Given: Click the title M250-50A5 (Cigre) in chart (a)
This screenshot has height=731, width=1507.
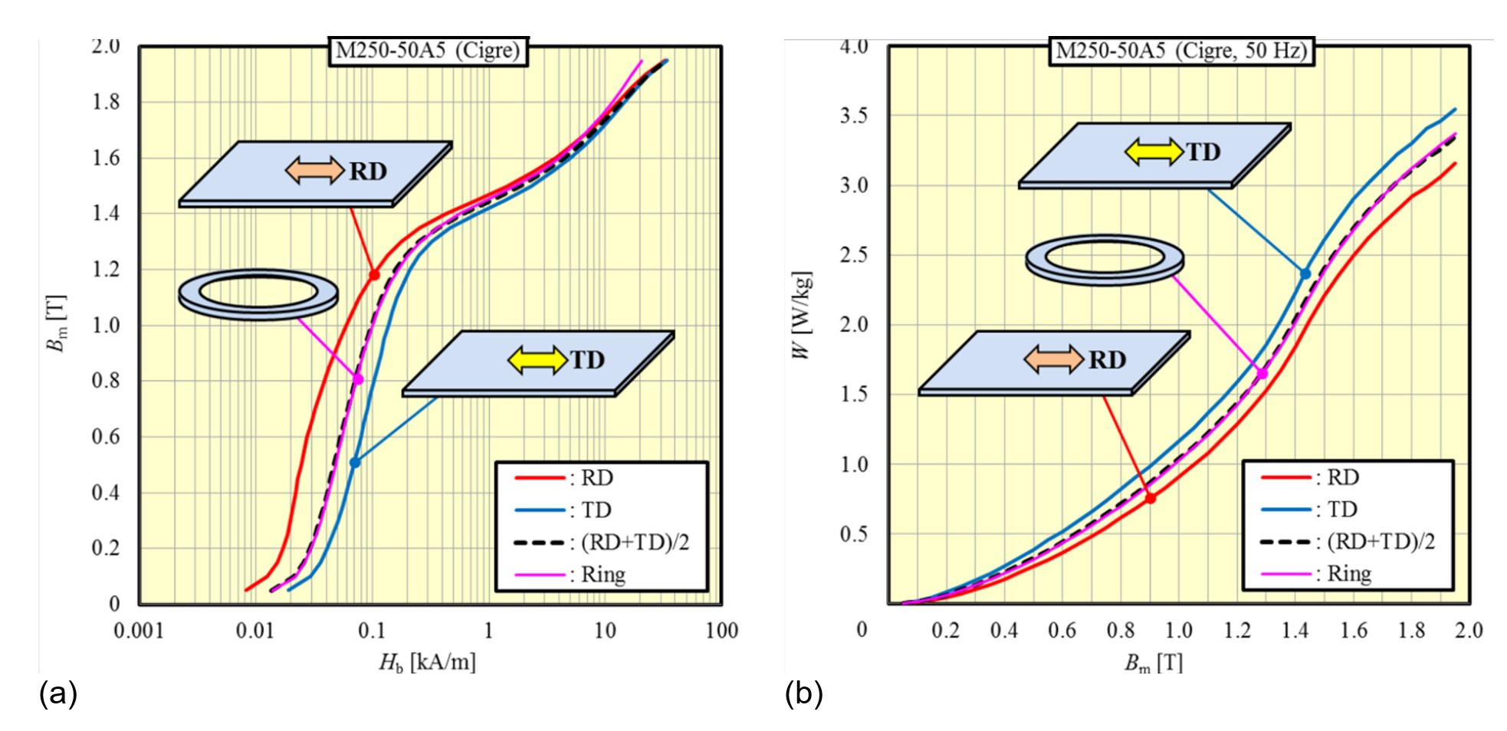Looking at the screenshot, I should tap(428, 51).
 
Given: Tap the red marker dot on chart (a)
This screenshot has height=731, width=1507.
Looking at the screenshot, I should tap(374, 275).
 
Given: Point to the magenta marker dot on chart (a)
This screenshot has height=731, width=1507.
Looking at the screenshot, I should tap(358, 379).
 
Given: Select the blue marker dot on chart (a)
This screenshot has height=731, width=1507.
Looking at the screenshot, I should tap(355, 462).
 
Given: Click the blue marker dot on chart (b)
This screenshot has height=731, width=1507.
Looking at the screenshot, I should tap(1305, 274).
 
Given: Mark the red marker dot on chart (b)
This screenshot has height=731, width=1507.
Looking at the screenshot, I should tap(1151, 498).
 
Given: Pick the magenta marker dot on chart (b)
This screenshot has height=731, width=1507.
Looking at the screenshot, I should tap(1262, 374).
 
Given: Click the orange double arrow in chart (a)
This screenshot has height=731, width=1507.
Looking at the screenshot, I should tap(314, 170).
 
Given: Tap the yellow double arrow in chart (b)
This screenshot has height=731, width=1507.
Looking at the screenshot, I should tap(1154, 152).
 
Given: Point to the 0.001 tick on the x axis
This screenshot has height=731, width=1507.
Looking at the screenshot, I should tap(139, 631).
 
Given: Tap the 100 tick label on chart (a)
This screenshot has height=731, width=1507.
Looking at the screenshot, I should tap(721, 631).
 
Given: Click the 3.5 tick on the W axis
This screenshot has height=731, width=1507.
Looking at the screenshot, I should tap(854, 116).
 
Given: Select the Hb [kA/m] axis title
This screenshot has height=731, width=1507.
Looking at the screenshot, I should tap(427, 661).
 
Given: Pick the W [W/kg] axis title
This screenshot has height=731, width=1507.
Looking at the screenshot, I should tap(801, 314).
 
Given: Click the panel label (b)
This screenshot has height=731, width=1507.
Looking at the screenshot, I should tap(803, 693).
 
